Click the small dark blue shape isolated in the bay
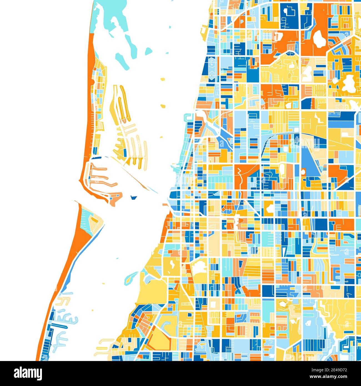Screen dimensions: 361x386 [134, 198]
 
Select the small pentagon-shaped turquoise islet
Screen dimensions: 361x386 [149, 51]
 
